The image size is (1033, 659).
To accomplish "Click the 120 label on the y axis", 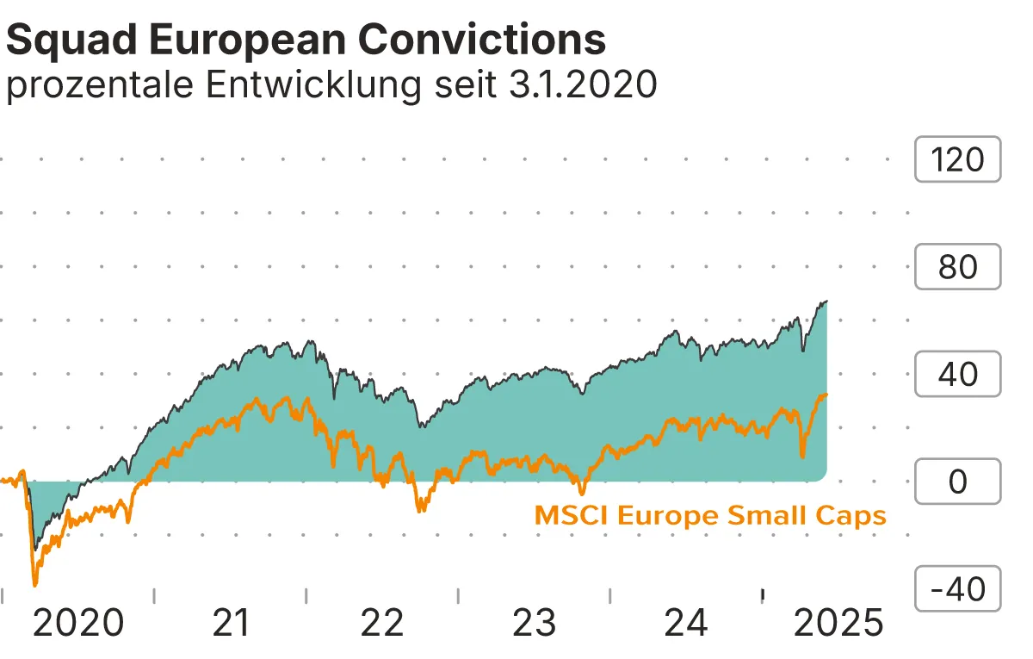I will coord(957,160).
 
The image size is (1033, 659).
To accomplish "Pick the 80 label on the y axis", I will coord(957,267).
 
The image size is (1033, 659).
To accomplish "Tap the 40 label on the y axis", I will coord(957,375).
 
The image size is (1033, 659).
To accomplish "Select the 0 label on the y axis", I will coord(957,482).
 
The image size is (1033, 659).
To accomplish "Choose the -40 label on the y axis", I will coord(957,590).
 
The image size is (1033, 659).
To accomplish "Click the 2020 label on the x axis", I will coord(77,623).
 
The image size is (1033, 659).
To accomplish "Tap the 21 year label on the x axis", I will coord(231,623).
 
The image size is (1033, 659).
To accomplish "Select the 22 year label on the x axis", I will coord(382,623).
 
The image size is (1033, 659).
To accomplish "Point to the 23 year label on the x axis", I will coord(535,623).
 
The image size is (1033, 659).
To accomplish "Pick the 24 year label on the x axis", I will coord(687,623).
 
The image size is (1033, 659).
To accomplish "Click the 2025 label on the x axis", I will coord(838,623).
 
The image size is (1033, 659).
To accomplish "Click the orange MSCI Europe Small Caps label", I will coord(710,516).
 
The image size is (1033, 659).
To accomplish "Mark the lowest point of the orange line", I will coord(35,585).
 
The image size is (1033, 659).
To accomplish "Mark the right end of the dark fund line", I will coord(826,302).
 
